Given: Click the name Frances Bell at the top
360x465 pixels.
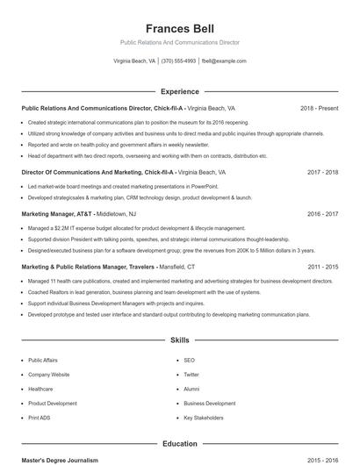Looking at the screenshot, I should pyautogui.click(x=179, y=28).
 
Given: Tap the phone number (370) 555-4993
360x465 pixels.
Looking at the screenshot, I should pyautogui.click(x=178, y=61).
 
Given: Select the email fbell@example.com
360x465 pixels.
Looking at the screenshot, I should pyautogui.click(x=224, y=61).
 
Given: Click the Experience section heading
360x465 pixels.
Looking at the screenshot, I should pyautogui.click(x=179, y=91).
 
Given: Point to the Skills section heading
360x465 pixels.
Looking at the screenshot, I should pyautogui.click(x=179, y=339).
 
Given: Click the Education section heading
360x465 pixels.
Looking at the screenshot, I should pyautogui.click(x=179, y=444).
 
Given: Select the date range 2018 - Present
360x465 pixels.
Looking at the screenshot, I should pyautogui.click(x=319, y=109).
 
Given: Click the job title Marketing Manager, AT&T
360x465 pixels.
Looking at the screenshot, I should pyautogui.click(x=56, y=213).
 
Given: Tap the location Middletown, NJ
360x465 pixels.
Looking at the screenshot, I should pyautogui.click(x=116, y=213).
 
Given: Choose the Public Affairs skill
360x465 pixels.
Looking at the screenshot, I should pyautogui.click(x=43, y=360).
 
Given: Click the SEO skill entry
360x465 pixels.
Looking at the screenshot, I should pyautogui.click(x=189, y=360).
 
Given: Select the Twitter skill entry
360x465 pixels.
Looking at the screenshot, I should pyautogui.click(x=191, y=375).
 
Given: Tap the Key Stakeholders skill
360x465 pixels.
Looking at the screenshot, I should pyautogui.click(x=204, y=418).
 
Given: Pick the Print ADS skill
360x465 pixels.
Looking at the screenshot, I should pyautogui.click(x=40, y=418).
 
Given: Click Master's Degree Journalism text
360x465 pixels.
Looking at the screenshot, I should pyautogui.click(x=60, y=460).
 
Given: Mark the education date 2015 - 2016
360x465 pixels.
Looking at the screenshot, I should pyautogui.click(x=322, y=460).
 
